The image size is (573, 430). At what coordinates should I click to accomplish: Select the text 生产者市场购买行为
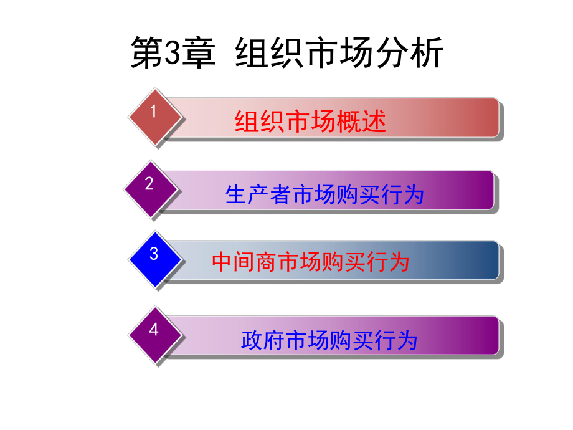point(324,195)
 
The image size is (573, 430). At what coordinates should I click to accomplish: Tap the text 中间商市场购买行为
point(310,261)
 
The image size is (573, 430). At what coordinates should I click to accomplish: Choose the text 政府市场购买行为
point(328,340)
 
